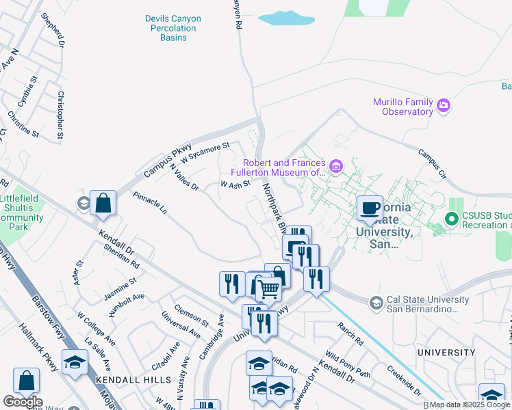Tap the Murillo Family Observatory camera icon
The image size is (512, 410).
click(444, 105)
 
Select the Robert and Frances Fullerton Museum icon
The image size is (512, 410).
click(335, 167)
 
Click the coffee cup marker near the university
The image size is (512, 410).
click(370, 208)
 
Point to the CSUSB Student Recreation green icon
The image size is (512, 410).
click(451, 219)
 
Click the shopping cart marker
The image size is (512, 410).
click(268, 289)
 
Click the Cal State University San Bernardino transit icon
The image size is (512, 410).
click(375, 302)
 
